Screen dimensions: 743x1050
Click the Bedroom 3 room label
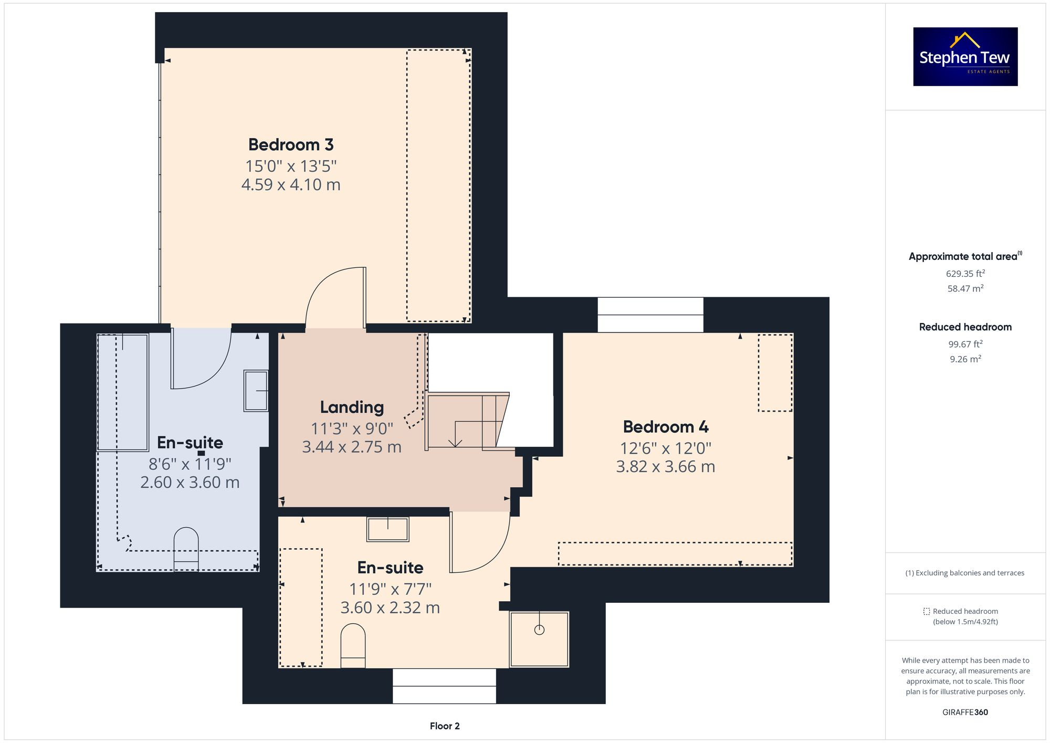click(291, 144)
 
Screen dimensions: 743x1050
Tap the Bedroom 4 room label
click(665, 427)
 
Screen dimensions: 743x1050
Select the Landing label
click(352, 407)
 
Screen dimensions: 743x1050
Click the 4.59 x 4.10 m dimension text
click(291, 185)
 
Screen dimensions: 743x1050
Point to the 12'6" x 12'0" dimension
click(665, 448)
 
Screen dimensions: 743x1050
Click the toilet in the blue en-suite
click(186, 549)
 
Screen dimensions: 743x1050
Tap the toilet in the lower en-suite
click(353, 645)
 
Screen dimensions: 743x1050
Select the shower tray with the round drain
click(539, 639)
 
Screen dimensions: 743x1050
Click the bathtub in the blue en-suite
click(122, 392)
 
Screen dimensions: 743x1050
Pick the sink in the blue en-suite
click(256, 391)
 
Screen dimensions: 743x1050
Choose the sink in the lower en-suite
click(387, 529)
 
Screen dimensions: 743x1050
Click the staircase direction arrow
click(455, 443)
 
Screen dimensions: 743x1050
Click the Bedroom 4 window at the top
click(650, 315)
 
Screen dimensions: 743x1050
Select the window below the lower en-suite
click(444, 686)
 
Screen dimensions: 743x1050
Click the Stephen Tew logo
click(965, 57)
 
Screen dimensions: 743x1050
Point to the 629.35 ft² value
click(965, 274)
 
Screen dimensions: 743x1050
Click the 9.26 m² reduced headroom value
click(965, 359)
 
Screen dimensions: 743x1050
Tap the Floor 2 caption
click(444, 726)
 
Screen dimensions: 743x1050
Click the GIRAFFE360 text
click(965, 712)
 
